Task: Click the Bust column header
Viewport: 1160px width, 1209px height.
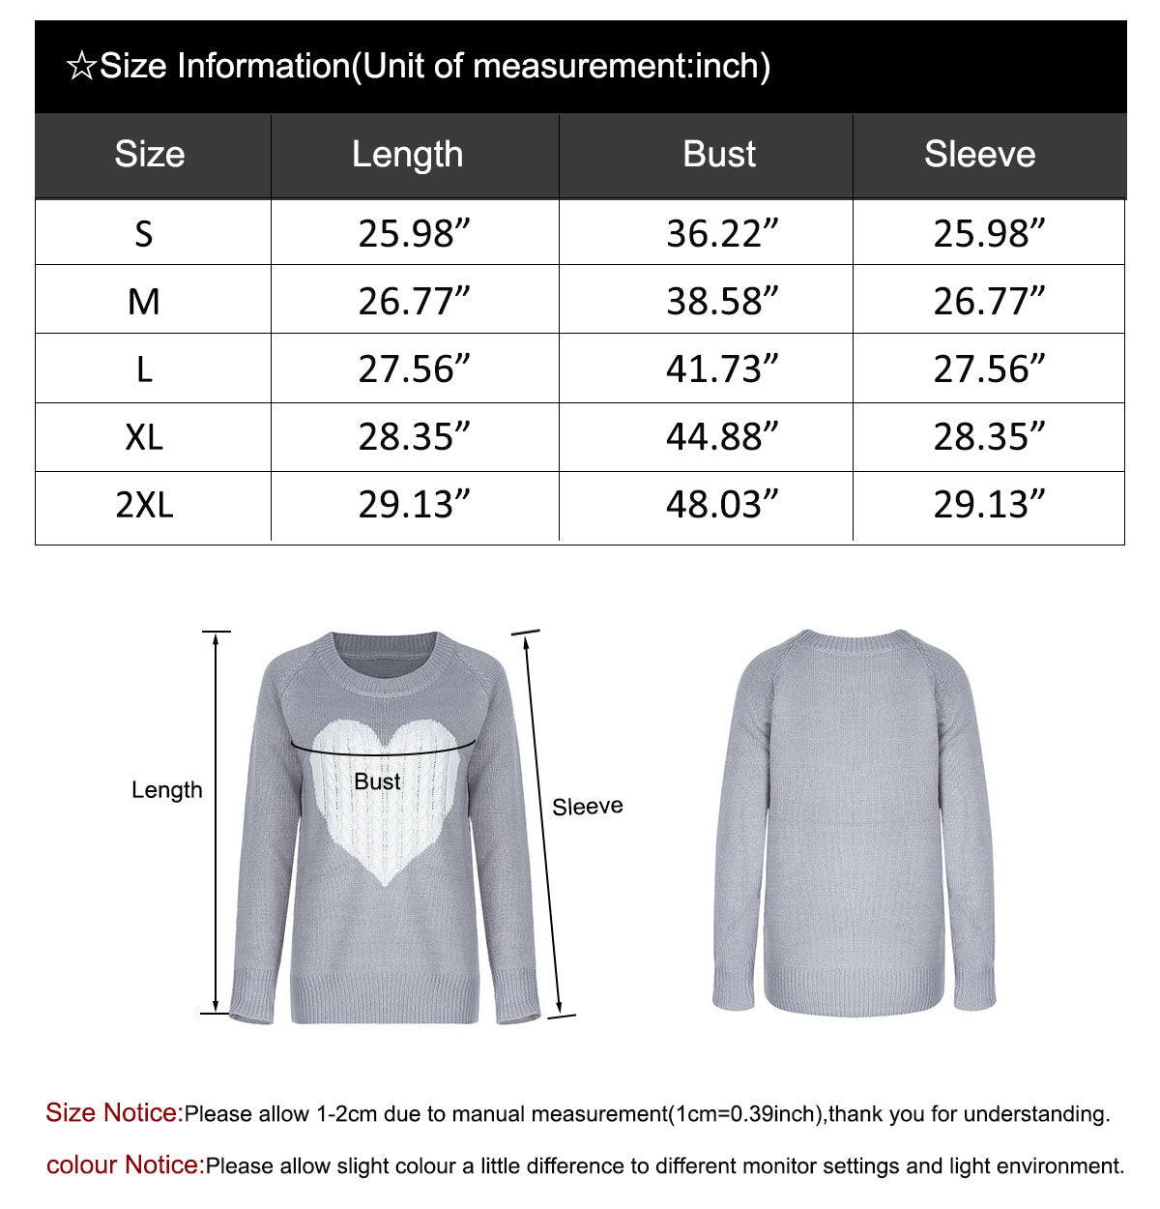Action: (719, 155)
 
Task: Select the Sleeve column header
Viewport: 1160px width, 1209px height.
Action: (979, 155)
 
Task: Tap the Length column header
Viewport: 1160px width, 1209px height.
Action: (407, 155)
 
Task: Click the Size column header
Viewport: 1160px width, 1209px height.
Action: (149, 155)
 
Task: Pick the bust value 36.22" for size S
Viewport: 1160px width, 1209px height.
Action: (721, 234)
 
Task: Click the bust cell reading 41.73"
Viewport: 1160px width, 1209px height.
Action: (721, 369)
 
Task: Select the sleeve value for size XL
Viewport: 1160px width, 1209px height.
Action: (988, 437)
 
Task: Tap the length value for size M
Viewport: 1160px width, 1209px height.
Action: (414, 302)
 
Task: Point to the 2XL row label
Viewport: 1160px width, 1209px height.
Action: (144, 505)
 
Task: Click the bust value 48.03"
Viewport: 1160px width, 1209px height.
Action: (721, 505)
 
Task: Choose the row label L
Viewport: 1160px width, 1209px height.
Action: (144, 369)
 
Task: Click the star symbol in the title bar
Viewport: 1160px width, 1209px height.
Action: (81, 67)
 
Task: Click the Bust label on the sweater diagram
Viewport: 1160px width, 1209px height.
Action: (377, 781)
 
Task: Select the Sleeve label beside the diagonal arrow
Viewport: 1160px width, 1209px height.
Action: (587, 807)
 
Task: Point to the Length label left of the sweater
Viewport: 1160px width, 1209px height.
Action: (167, 790)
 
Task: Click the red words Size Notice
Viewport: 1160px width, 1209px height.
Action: (114, 1113)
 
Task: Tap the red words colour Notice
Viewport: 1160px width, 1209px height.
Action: (126, 1165)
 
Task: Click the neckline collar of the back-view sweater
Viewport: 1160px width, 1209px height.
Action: (854, 640)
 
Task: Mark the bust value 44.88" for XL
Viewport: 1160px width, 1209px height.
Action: (721, 437)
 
